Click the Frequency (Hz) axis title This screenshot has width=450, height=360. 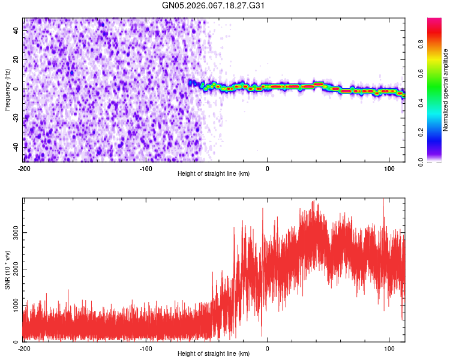pyautogui.click(x=7, y=90)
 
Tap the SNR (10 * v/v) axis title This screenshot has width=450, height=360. pyautogui.click(x=7, y=270)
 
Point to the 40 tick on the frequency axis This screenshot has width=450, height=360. pyautogui.click(x=17, y=31)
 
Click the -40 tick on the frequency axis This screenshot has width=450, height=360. pyautogui.click(x=16, y=147)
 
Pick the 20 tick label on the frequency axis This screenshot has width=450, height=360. pyautogui.click(x=17, y=60)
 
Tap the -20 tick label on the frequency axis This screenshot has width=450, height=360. pyautogui.click(x=16, y=118)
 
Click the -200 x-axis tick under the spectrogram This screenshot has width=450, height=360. pyautogui.click(x=24, y=168)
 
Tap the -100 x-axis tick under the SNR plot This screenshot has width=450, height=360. pyautogui.click(x=146, y=348)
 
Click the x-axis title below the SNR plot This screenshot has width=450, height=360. pyautogui.click(x=214, y=354)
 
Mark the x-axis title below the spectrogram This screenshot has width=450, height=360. pyautogui.click(x=214, y=174)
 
